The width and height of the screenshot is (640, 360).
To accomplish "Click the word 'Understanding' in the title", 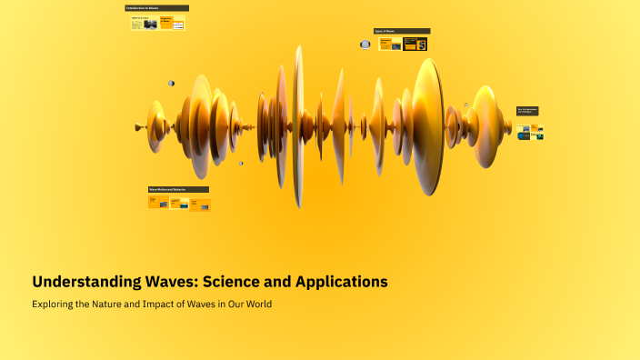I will point(77,282).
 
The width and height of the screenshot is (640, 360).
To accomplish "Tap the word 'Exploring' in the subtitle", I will point(55,304).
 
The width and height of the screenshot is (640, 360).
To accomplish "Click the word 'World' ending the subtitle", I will point(256,304).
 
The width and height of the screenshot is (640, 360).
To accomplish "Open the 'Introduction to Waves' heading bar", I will point(157,8).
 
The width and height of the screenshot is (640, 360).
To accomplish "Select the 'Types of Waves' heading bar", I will point(401,30).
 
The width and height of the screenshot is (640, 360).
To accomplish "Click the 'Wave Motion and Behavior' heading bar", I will point(178,189).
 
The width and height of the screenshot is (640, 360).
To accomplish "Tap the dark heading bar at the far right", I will point(528,111).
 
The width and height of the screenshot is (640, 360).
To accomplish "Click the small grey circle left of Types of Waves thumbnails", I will point(365,44).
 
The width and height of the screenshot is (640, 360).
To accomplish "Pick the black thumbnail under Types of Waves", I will point(415,44).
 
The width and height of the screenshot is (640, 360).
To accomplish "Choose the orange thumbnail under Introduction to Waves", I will point(166,23).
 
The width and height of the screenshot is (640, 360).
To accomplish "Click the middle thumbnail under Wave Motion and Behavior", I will point(179,204).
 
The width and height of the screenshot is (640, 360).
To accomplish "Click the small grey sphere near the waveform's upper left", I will point(171,84).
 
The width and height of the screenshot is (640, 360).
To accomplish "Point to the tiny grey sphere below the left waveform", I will point(241,164).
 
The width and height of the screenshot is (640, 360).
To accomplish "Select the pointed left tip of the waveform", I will point(137,126).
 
